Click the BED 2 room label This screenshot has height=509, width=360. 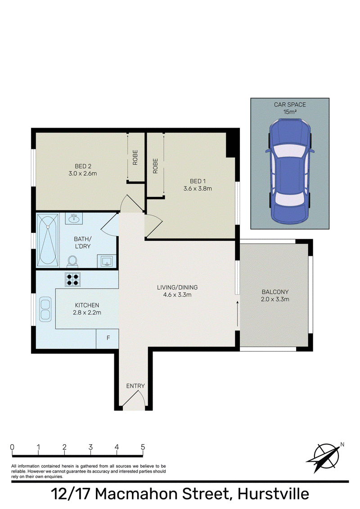click(x=83, y=166)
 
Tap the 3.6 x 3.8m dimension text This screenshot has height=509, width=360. click(x=198, y=188)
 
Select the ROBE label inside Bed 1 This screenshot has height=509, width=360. click(x=155, y=166)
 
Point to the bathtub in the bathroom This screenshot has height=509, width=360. click(x=48, y=241)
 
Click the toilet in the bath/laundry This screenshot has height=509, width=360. click(x=72, y=261)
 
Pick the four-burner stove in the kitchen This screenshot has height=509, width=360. click(x=73, y=280)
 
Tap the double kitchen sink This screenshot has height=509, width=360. click(x=45, y=309)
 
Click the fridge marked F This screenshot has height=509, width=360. click(x=108, y=339)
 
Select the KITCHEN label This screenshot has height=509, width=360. click(x=87, y=305)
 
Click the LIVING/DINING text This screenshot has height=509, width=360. click(x=177, y=287)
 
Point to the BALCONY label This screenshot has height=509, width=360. click(x=275, y=292)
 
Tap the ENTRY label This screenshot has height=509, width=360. click(x=135, y=386)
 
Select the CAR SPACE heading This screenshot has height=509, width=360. click(x=290, y=104)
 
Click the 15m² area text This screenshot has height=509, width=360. click(x=290, y=112)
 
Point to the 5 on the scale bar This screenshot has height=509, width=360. click(x=143, y=447)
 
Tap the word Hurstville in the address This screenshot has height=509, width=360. click(x=273, y=494)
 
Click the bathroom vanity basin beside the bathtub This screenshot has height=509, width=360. click(x=74, y=218)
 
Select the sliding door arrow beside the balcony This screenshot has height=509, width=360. click(x=238, y=313)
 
